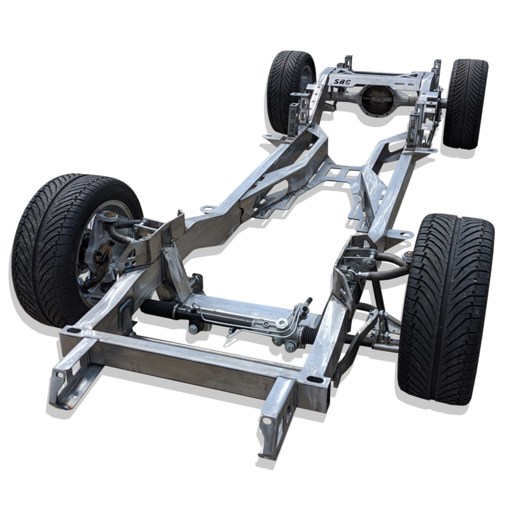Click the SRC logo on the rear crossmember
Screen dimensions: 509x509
tap(342, 81)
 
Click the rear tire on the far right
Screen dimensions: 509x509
tap(465, 104)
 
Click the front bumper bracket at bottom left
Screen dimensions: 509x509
tap(70, 373)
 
